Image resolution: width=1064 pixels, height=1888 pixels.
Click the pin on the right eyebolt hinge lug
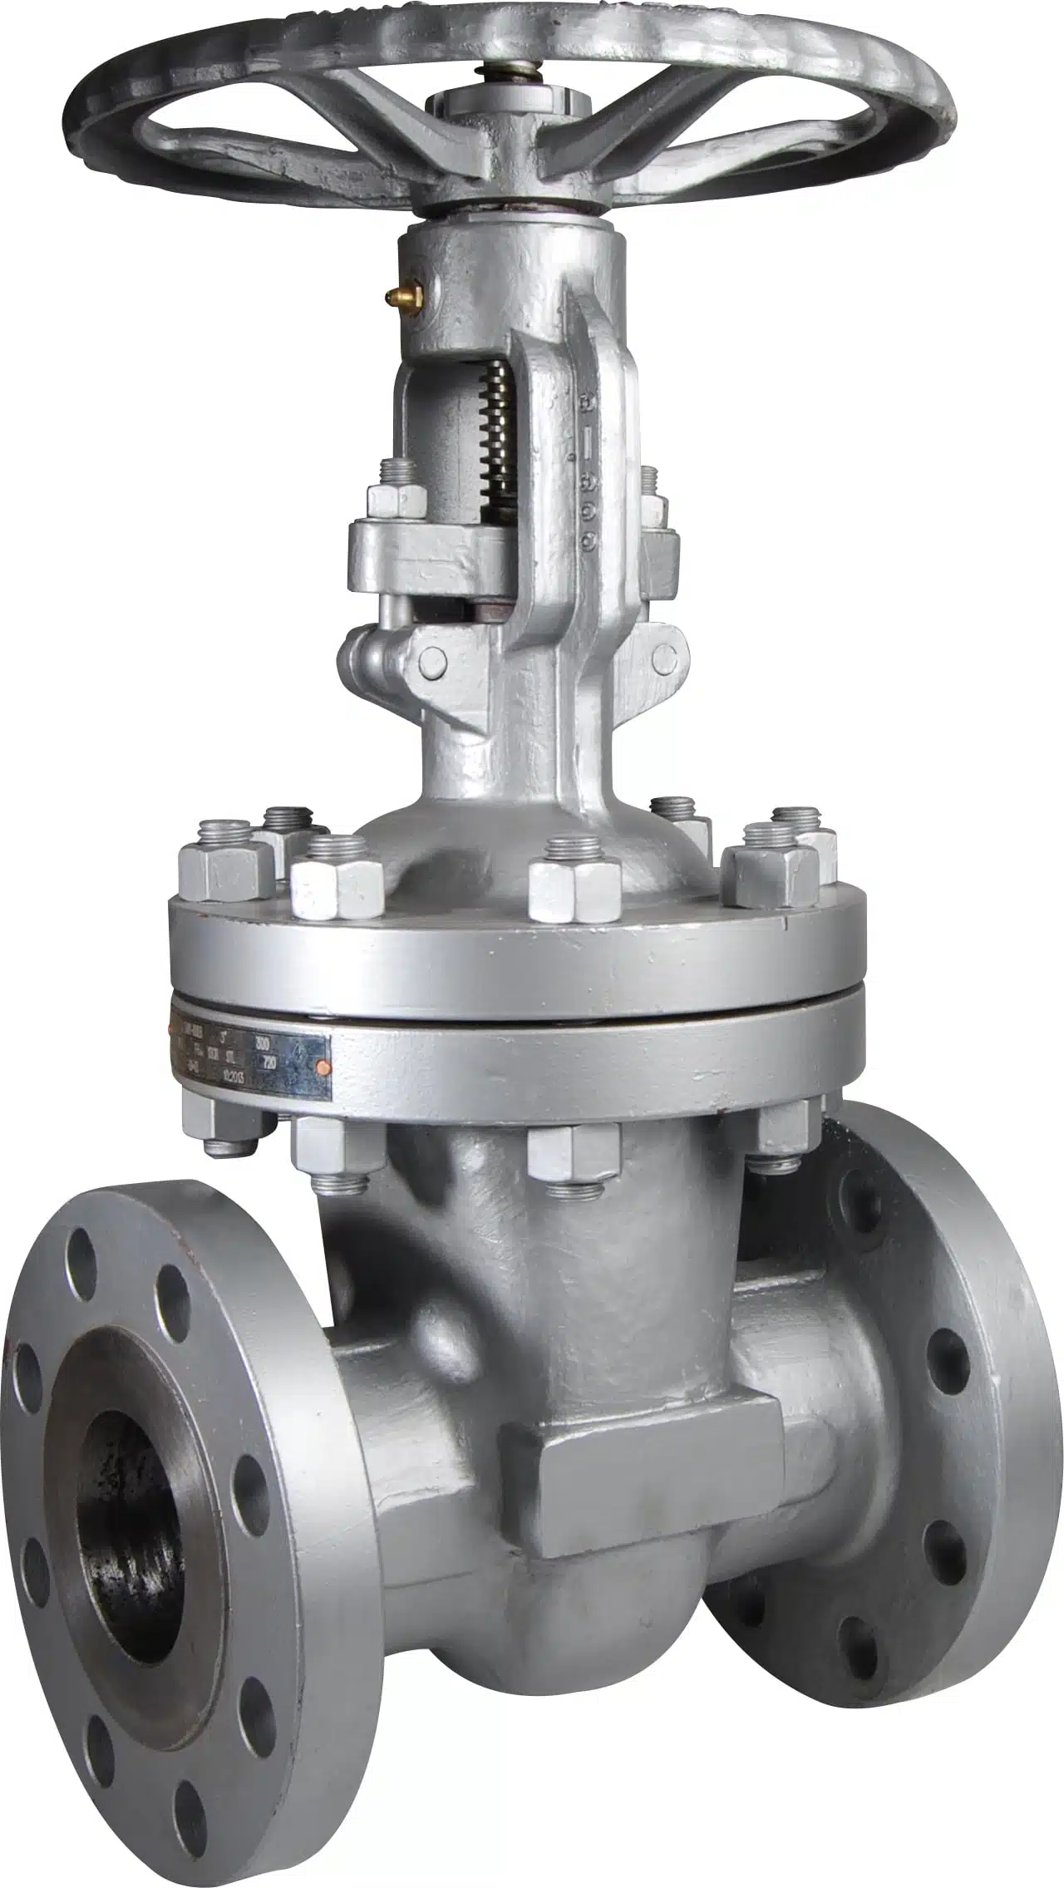click(662, 658)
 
